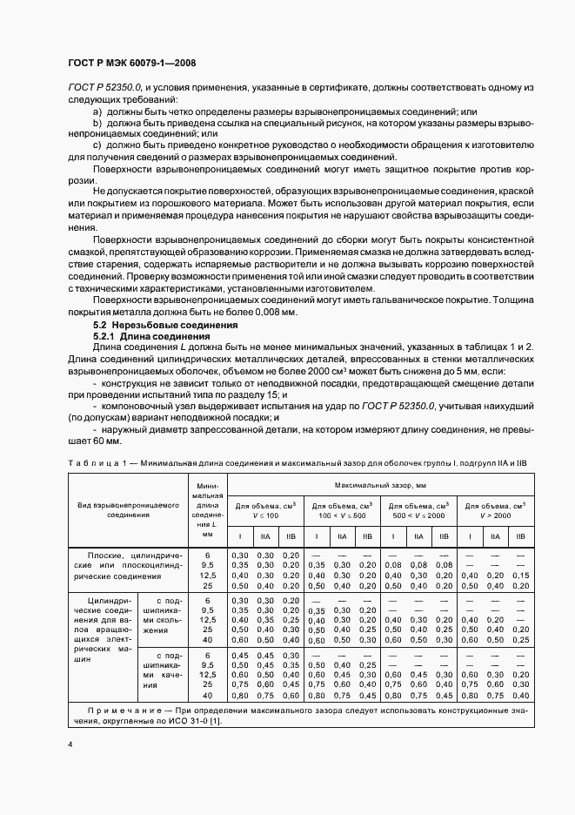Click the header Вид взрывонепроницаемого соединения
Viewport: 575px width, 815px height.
tap(128, 509)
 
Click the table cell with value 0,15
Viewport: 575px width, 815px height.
tap(519, 576)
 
